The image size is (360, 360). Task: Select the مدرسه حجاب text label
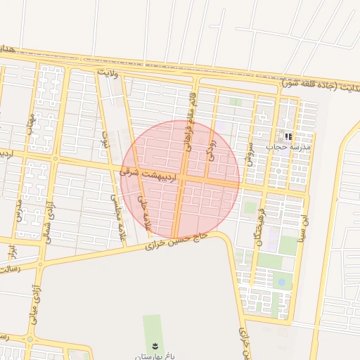coord(288,147)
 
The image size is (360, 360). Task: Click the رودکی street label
coord(210,144)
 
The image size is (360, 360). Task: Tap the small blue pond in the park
coord(281,283)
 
